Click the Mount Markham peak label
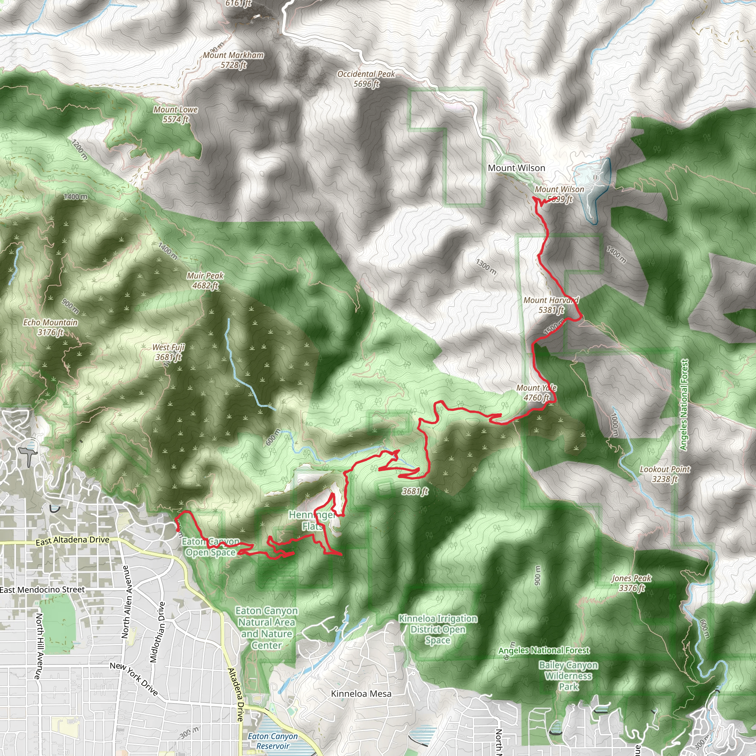(x=233, y=60)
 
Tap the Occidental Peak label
(x=366, y=79)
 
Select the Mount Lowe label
(x=175, y=114)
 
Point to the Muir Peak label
(x=205, y=281)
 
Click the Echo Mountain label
(x=51, y=327)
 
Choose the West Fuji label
(x=168, y=352)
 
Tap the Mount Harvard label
(x=551, y=305)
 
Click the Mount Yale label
(x=536, y=392)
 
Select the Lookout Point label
(x=665, y=474)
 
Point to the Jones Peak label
(x=632, y=583)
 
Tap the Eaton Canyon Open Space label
(x=210, y=547)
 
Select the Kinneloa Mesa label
(x=361, y=694)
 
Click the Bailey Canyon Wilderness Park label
(x=568, y=676)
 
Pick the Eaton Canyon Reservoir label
(x=273, y=741)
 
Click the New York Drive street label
(x=134, y=679)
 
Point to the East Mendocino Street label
(x=42, y=590)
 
